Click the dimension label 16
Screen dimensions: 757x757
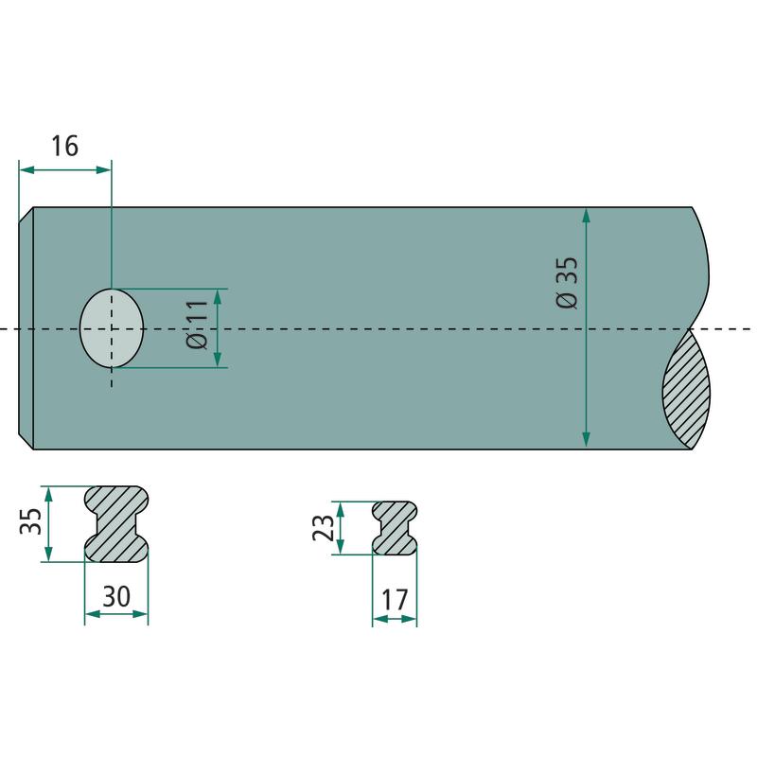[64, 146]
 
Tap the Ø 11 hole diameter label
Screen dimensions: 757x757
[197, 324]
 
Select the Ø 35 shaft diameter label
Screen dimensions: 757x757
[566, 283]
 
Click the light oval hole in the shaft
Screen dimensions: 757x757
[112, 328]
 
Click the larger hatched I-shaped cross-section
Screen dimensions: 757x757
[116, 524]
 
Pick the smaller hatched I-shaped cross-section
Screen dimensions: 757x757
[395, 528]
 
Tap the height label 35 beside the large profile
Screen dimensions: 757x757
[30, 521]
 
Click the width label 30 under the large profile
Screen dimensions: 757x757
[116, 596]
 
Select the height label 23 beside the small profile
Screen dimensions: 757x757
[323, 528]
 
